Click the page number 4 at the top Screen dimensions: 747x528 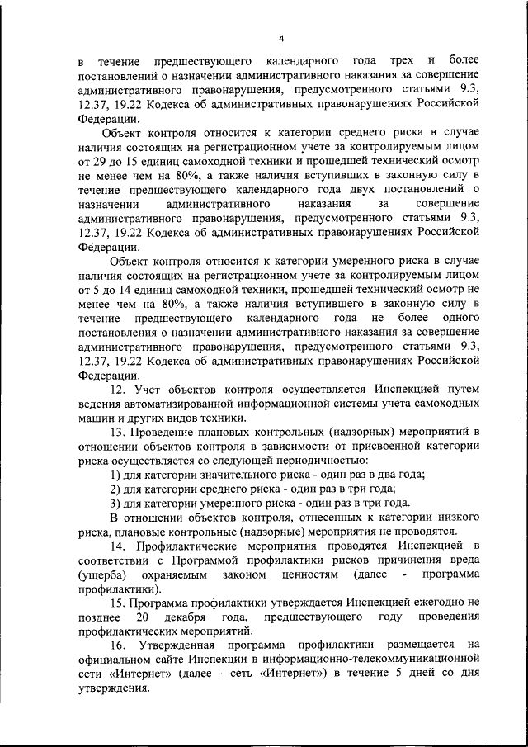[280, 38]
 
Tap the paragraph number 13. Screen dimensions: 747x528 [118, 433]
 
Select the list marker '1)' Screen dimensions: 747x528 [116, 475]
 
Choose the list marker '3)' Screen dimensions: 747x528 [116, 504]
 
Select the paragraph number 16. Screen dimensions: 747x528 [118, 645]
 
